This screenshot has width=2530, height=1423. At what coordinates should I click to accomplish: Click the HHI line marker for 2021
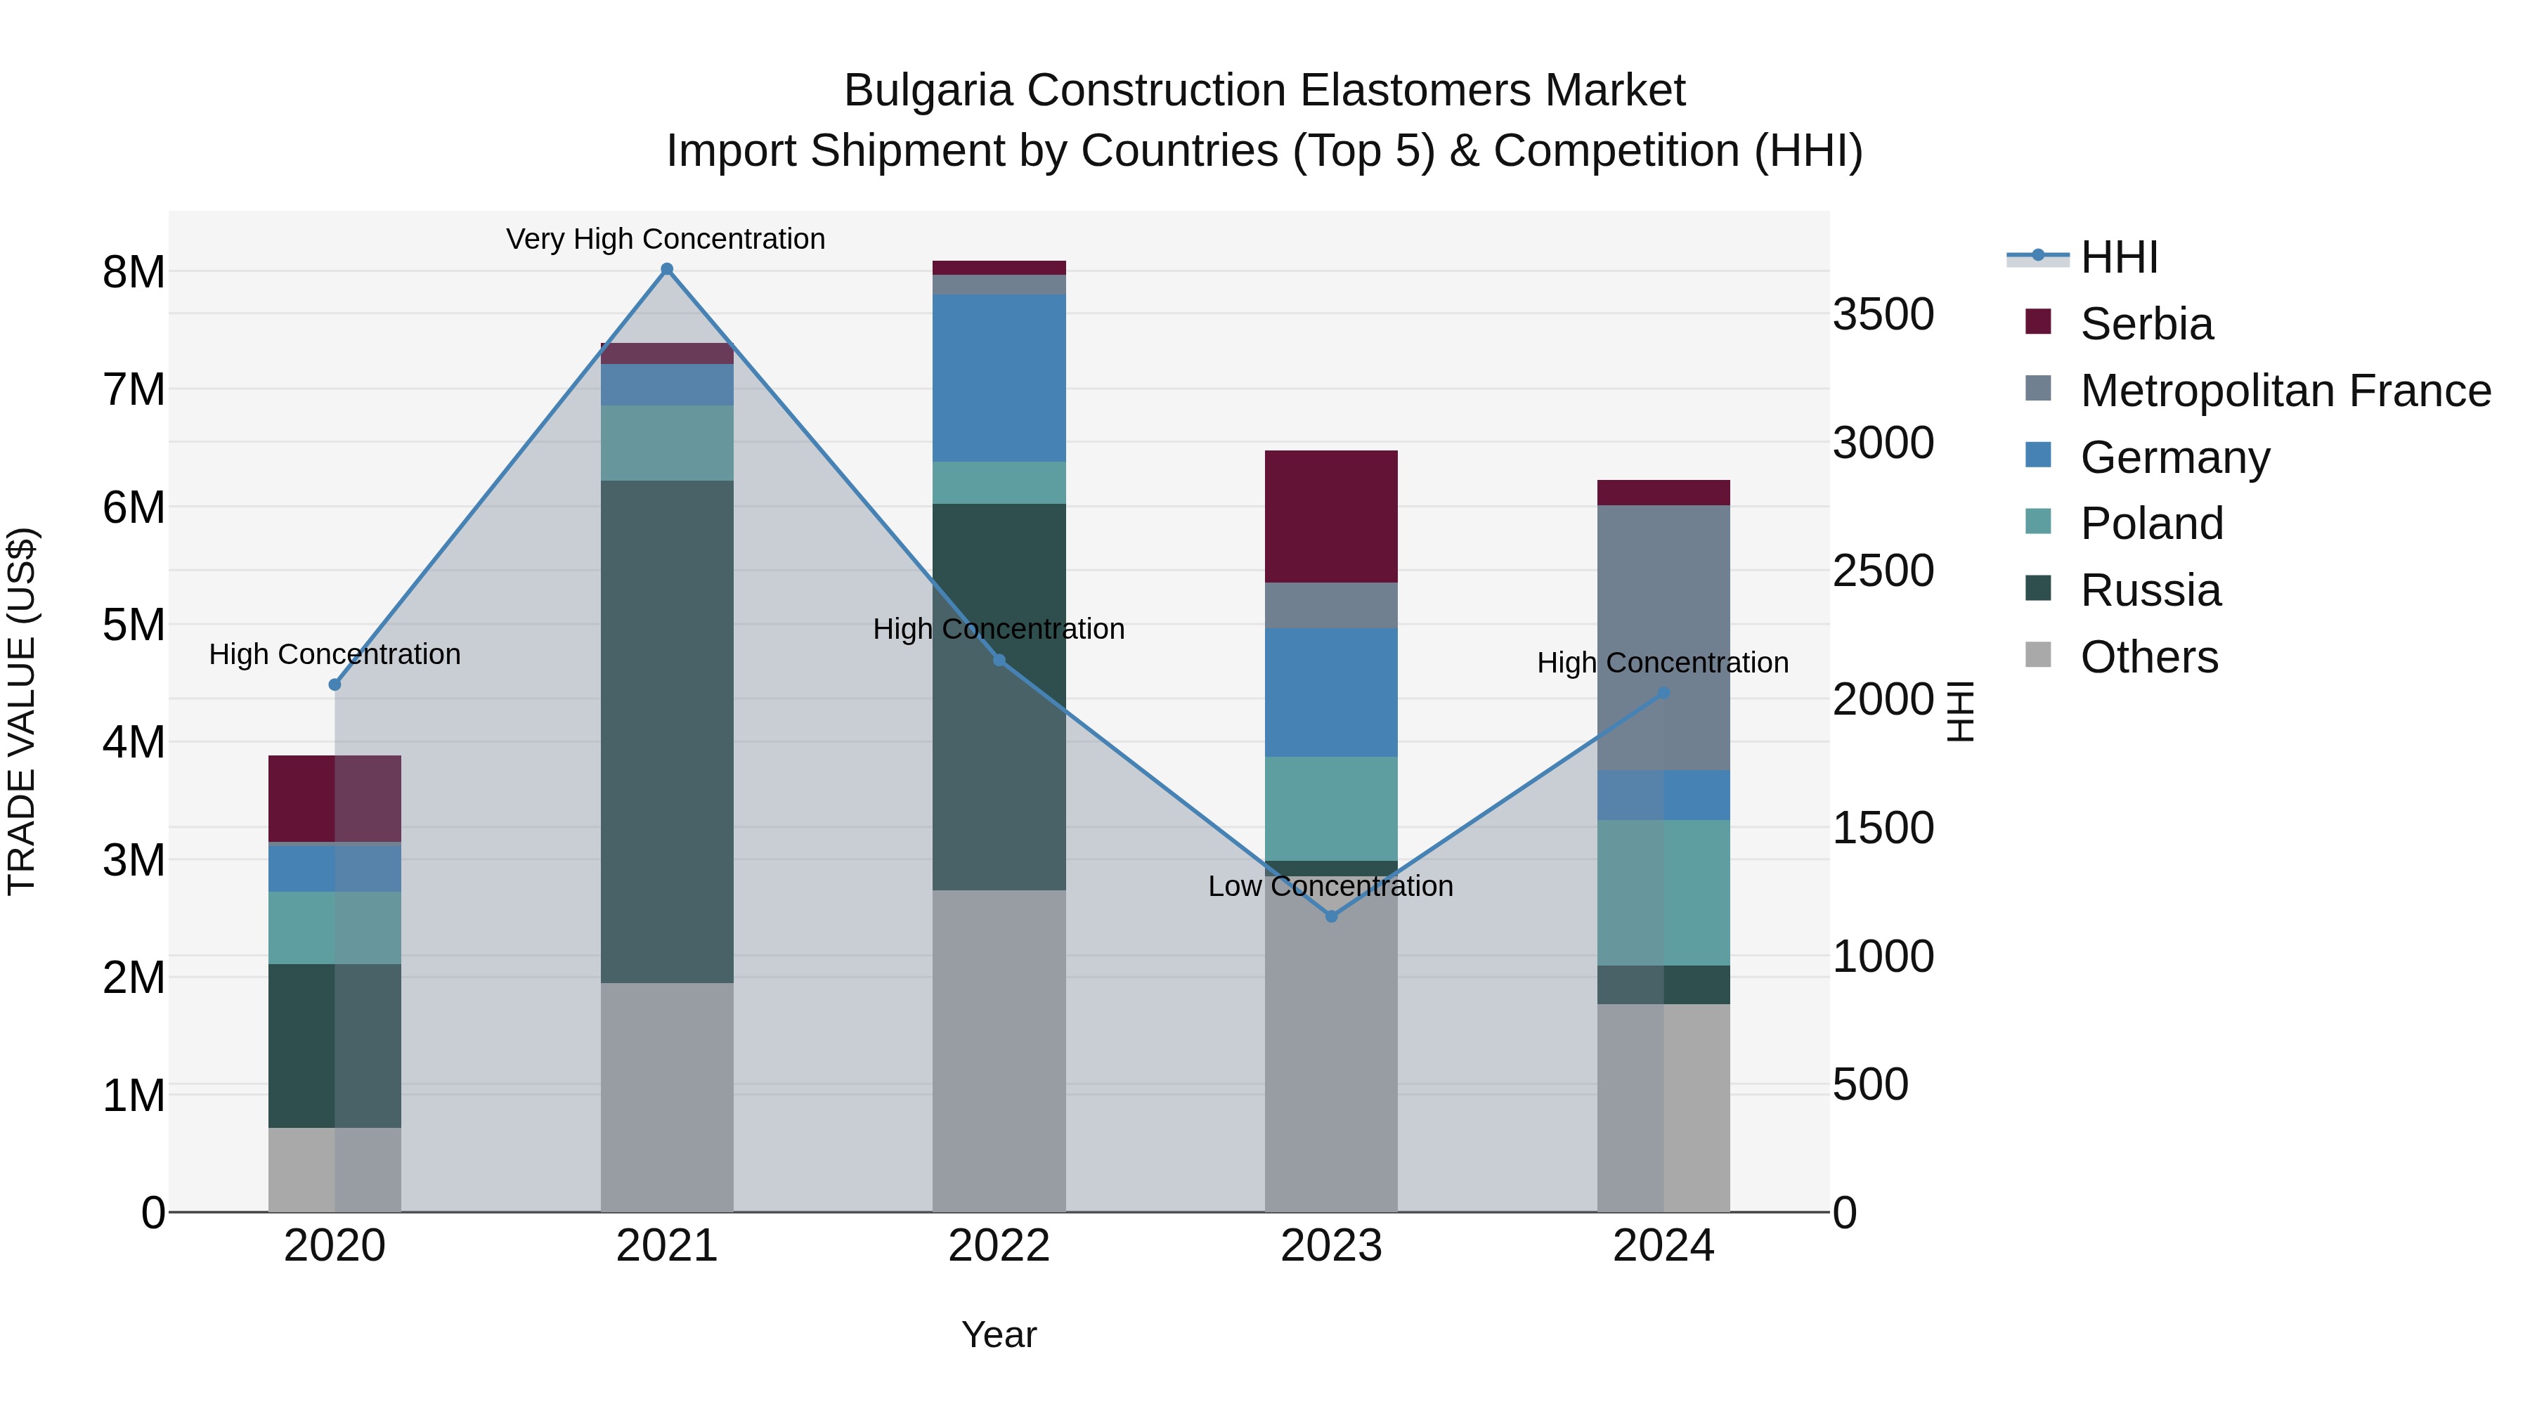pos(667,269)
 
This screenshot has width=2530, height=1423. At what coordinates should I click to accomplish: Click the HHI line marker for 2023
pos(1332,916)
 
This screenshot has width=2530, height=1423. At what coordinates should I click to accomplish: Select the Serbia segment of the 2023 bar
pos(1331,516)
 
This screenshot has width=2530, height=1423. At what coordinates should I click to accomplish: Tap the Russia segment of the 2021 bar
pos(667,732)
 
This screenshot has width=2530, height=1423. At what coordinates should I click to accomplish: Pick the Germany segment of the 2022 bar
pos(999,378)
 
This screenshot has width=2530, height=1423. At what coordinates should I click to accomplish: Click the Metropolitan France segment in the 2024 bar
pos(1663,637)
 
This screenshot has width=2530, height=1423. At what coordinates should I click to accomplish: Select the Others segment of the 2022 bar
pos(999,1051)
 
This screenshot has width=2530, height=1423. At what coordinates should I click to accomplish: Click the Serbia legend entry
pos(2146,324)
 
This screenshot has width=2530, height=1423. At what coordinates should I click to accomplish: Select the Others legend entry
pos(2148,657)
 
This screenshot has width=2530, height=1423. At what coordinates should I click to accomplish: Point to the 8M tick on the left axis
pos(134,272)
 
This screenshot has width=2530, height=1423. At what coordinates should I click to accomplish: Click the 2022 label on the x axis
pos(999,1246)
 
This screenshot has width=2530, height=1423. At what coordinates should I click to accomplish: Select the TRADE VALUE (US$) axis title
pos(22,711)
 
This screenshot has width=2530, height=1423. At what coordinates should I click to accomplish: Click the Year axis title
pos(999,1334)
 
